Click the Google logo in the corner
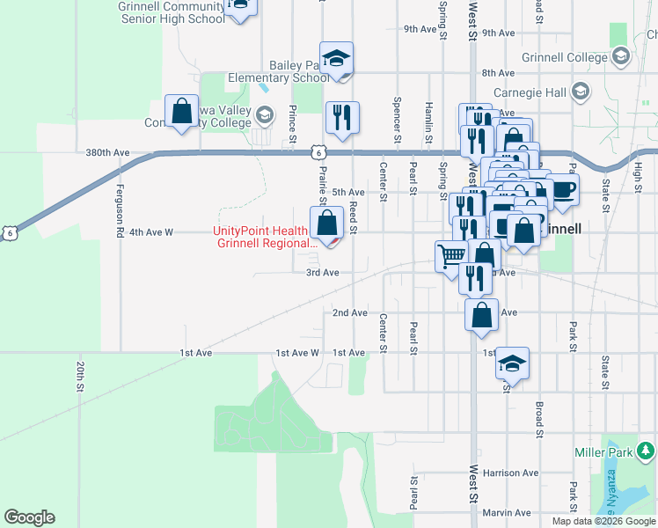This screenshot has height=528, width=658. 29,517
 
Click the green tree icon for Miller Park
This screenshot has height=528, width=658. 647,451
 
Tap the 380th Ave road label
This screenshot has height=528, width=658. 108,153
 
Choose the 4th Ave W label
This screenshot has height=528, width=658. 150,232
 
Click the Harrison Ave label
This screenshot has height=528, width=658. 509,473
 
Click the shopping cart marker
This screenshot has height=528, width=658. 451,256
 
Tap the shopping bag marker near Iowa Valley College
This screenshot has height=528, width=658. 181,113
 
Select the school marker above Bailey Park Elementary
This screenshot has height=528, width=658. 336,59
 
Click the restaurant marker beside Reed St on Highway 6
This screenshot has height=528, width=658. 341,117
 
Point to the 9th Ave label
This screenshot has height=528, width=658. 421,29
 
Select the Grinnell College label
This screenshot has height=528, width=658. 566,57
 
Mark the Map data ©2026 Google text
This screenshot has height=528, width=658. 603,521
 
